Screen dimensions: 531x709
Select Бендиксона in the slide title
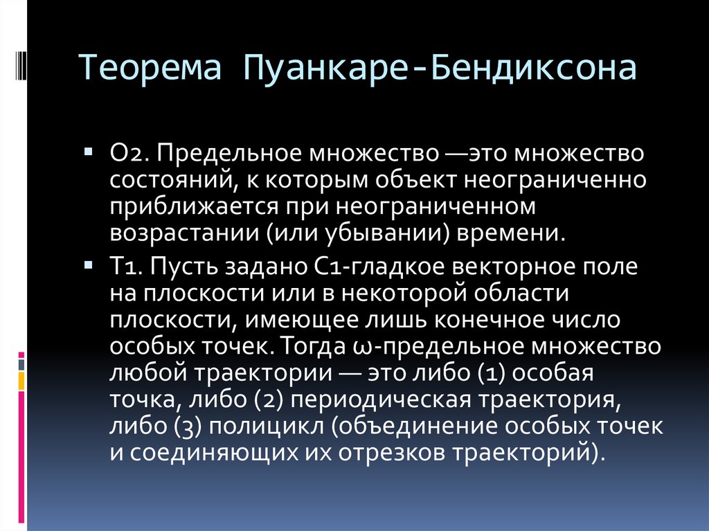[x=533, y=70]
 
